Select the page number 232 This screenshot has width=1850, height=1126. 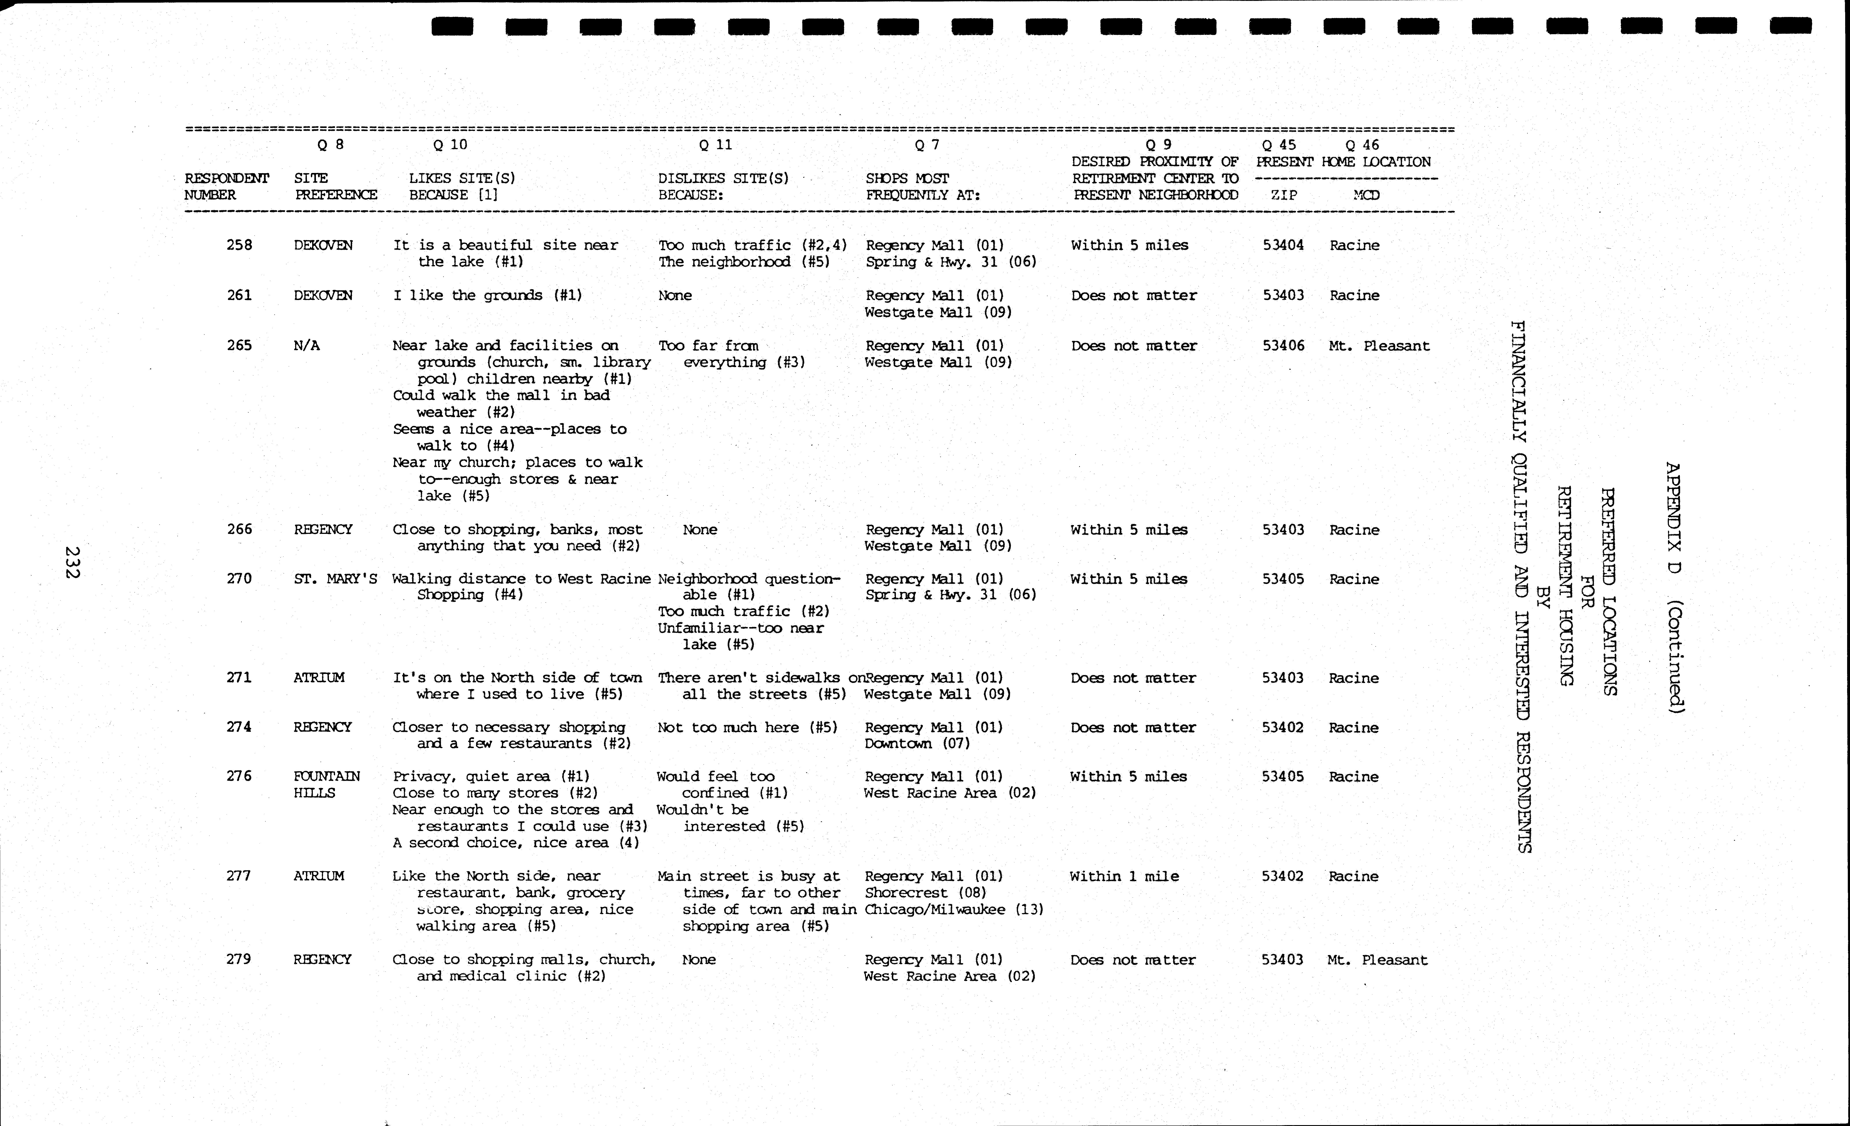[72, 562]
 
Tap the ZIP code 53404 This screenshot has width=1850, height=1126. [1283, 245]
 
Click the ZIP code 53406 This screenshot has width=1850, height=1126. [1283, 345]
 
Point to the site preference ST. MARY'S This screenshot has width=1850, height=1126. [335, 579]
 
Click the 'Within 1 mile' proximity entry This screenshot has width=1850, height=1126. [1124, 876]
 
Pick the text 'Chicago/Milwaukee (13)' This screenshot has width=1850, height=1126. [953, 909]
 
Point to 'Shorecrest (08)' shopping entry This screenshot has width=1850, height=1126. [925, 893]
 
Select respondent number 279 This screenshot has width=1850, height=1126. [239, 959]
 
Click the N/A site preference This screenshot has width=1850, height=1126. [306, 345]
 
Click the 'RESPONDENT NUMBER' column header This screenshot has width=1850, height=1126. [226, 186]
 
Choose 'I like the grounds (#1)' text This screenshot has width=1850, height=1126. [487, 295]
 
